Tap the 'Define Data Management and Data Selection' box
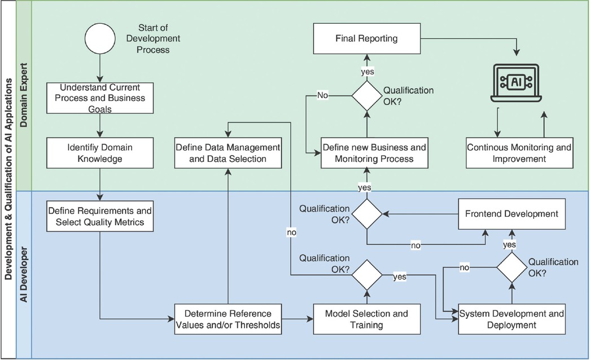point(228,153)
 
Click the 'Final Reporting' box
point(366,39)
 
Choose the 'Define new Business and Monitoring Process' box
point(374,153)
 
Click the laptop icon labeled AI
point(516,82)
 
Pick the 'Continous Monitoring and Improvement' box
point(519,153)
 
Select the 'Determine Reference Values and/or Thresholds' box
point(228,319)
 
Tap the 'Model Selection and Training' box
point(368,319)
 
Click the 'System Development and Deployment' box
point(512,319)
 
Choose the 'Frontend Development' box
point(512,214)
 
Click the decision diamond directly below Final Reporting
point(367,95)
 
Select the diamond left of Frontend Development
point(367,214)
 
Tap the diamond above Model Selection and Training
point(367,275)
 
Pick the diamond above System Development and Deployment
point(512,267)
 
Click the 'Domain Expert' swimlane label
point(24,96)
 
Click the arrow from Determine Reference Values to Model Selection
point(297,319)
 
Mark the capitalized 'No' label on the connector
point(322,96)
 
